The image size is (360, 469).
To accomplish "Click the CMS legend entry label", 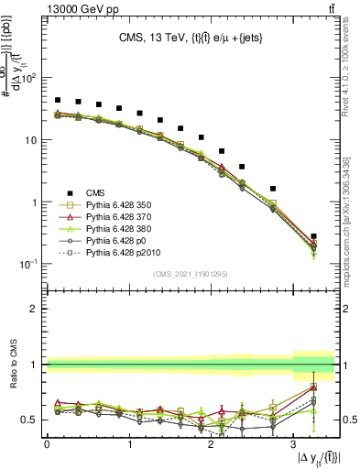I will point(95,192).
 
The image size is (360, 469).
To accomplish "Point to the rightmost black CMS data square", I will point(313,236).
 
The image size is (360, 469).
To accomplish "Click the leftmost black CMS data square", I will point(58,100).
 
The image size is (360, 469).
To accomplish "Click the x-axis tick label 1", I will point(128,444).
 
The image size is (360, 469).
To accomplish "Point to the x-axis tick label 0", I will point(47,444).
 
